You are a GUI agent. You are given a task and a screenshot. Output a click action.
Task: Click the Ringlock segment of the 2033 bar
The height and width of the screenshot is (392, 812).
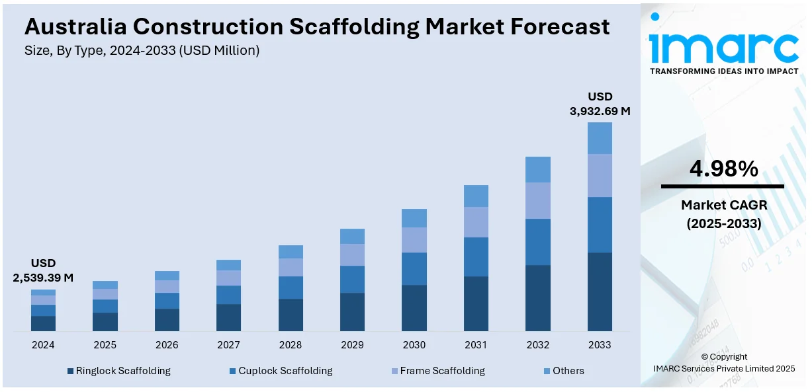click(x=600, y=292)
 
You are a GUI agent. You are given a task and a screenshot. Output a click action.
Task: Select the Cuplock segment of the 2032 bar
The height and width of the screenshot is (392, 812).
click(x=537, y=242)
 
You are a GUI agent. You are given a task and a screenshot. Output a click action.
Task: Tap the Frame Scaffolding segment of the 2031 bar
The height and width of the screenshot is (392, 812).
click(x=476, y=222)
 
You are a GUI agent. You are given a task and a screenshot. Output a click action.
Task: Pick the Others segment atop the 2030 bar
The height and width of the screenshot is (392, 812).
click(x=414, y=218)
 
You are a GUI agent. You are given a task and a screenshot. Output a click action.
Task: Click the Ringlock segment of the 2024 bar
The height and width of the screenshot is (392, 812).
click(x=43, y=323)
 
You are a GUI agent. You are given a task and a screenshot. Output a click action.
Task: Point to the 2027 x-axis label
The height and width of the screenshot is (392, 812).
click(x=228, y=345)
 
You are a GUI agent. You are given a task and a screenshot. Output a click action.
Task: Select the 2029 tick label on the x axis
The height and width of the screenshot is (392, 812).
click(x=352, y=345)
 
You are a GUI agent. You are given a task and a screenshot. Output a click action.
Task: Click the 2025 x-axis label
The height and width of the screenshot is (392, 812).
click(x=105, y=345)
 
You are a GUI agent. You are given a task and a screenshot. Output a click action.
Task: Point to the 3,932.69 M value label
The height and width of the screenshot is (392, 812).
click(x=600, y=111)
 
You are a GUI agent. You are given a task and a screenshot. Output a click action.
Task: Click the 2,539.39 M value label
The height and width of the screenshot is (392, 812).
click(x=43, y=278)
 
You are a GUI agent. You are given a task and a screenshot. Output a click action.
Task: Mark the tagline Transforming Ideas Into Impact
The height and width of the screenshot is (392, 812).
click(x=724, y=71)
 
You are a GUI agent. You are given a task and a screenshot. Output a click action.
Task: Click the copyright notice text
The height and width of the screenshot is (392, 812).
click(x=724, y=357)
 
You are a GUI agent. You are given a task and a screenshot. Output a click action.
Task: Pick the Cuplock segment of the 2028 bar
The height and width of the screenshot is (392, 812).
click(x=291, y=288)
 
